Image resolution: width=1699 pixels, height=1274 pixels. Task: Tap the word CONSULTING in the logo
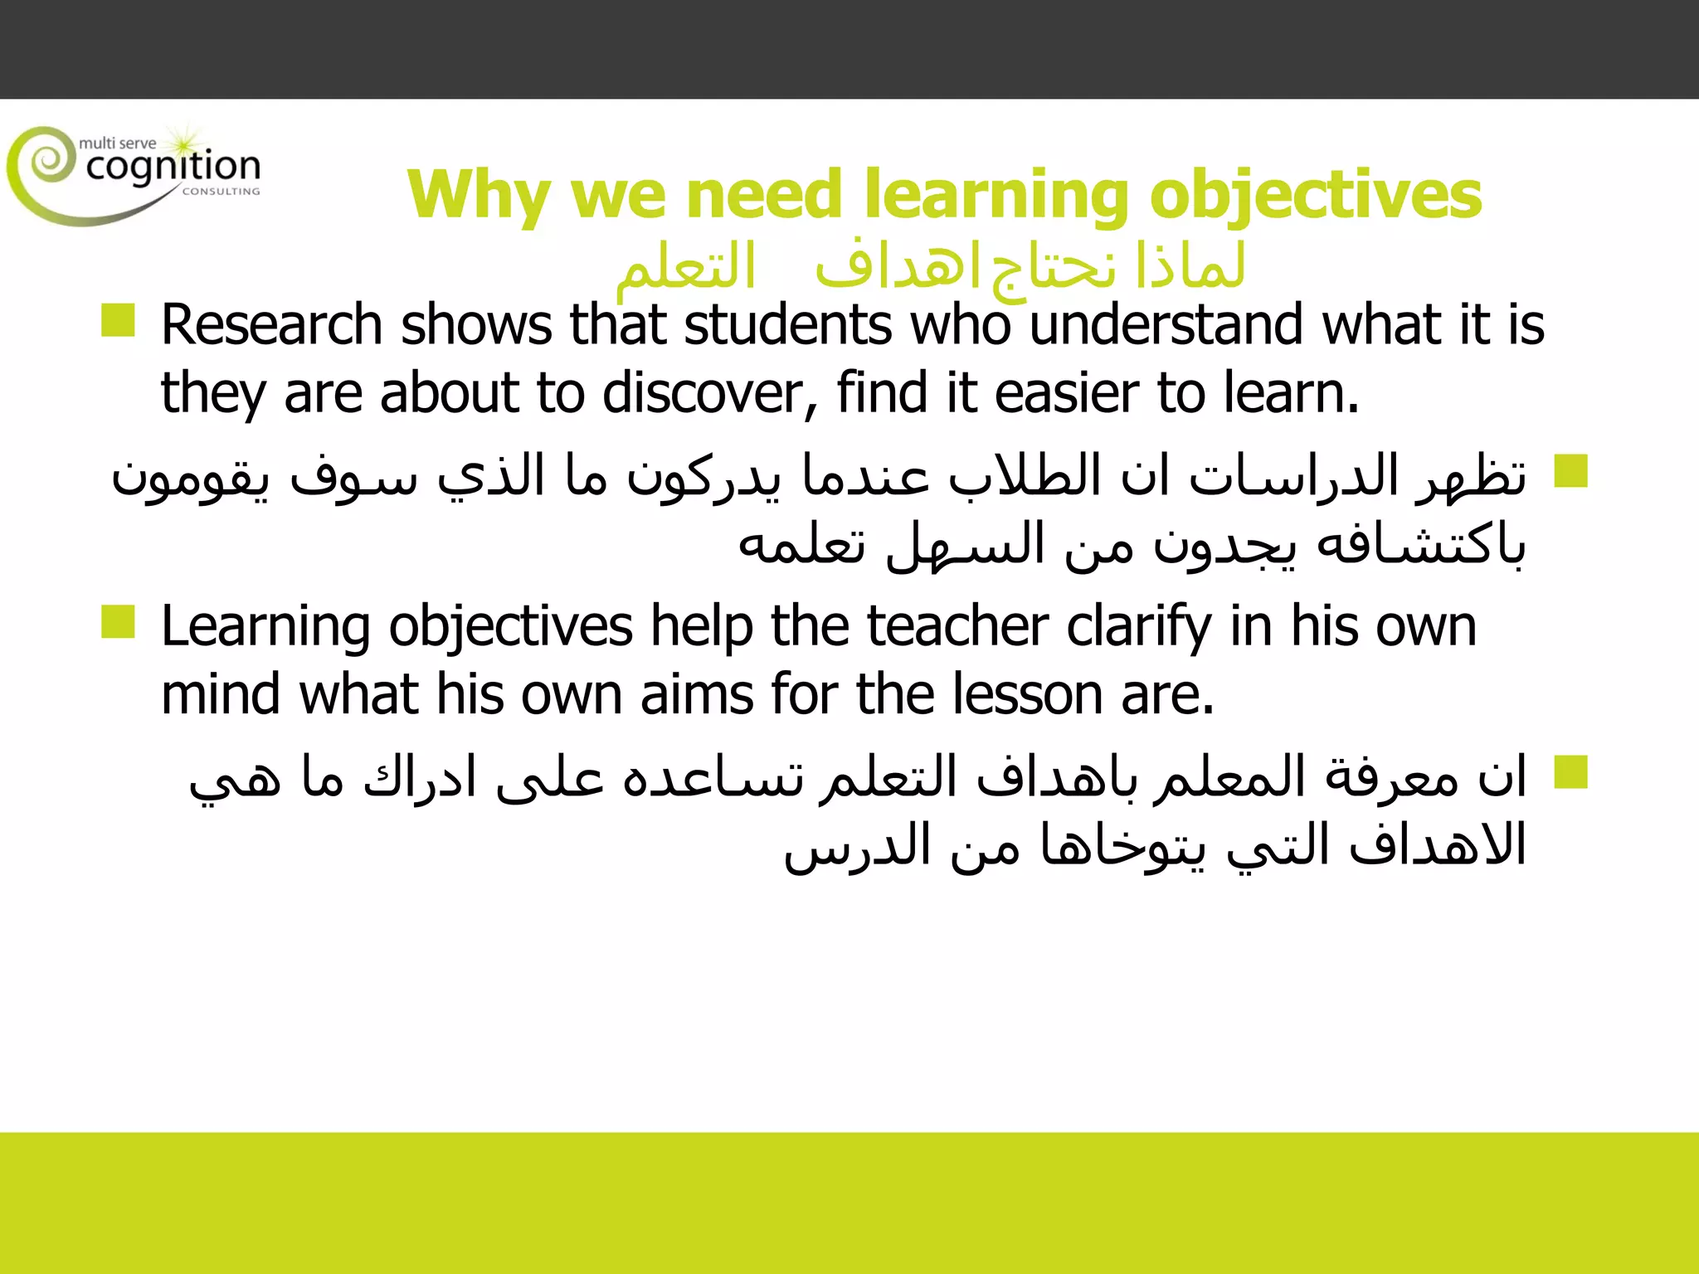click(221, 192)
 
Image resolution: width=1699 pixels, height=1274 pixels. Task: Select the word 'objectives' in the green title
click(1316, 196)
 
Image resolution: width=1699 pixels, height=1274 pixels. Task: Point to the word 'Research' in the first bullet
click(271, 324)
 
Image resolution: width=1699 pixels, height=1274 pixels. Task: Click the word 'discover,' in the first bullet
click(710, 392)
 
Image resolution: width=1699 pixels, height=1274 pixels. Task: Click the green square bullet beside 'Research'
click(118, 320)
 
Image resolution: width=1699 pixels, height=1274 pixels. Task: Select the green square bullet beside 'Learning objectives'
click(118, 622)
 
